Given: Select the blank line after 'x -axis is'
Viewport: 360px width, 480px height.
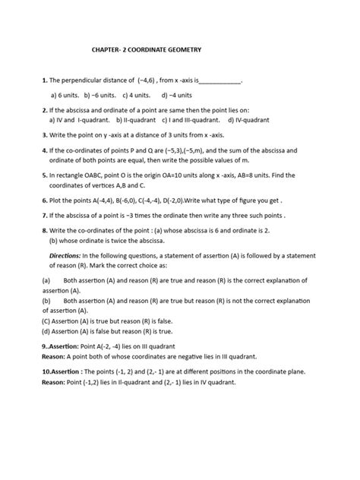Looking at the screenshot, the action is tap(219, 80).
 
